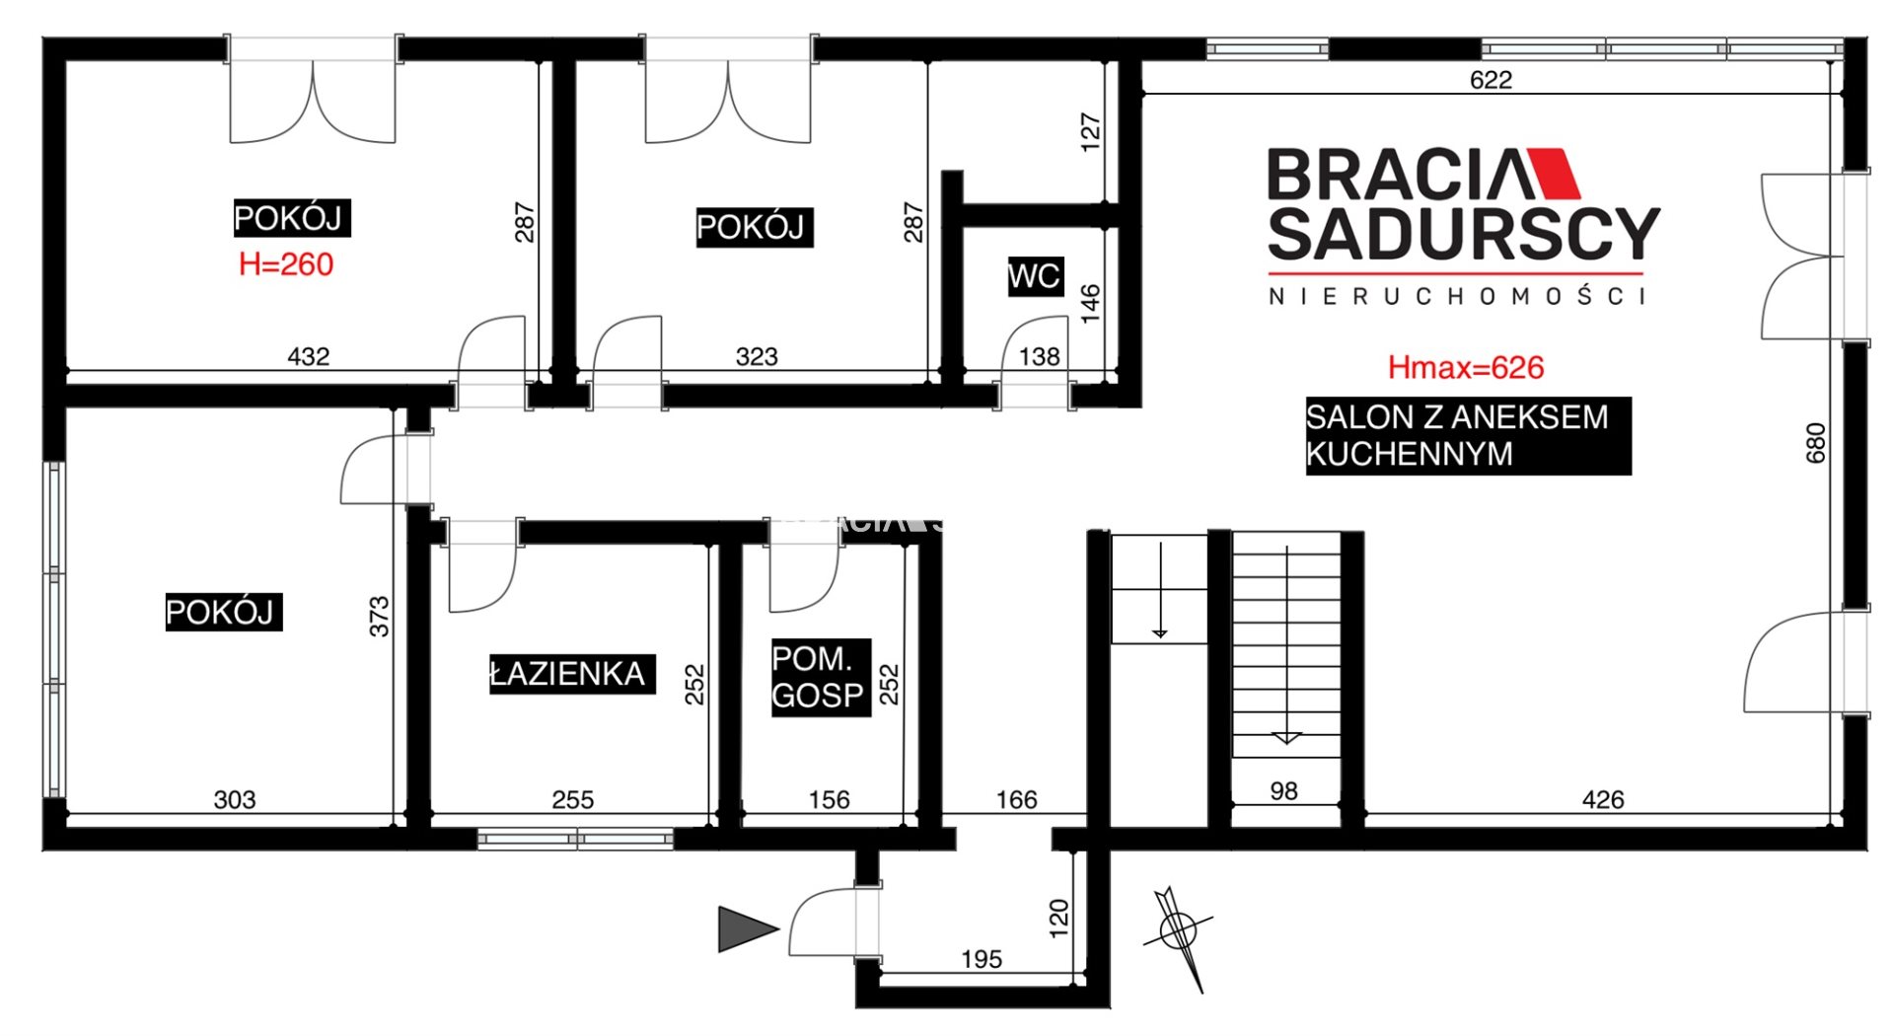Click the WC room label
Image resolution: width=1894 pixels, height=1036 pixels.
1034,276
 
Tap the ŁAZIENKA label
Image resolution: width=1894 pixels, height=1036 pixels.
571,674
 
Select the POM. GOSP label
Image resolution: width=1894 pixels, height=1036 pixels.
821,677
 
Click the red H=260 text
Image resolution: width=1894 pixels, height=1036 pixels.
286,264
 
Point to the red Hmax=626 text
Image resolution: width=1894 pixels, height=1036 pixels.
1466,368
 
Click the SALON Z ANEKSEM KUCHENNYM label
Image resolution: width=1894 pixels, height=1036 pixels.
1468,435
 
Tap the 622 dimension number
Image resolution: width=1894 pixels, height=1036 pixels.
1491,80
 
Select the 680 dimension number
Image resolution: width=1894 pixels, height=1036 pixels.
1816,443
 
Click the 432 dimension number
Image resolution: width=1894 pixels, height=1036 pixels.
308,356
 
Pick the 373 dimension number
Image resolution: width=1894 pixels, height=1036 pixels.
380,617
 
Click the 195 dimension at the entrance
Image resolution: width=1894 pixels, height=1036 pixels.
982,959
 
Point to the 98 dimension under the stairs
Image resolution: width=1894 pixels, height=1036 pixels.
1284,791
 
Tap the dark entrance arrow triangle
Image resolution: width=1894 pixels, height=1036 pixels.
747,928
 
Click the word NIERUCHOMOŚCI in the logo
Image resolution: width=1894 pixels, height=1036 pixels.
1458,296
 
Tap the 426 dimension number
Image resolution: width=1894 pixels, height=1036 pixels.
1603,800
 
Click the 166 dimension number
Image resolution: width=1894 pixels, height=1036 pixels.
1017,800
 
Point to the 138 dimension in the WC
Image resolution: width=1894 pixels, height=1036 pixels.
1040,356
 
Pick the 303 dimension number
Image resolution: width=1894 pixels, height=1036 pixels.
235,800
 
